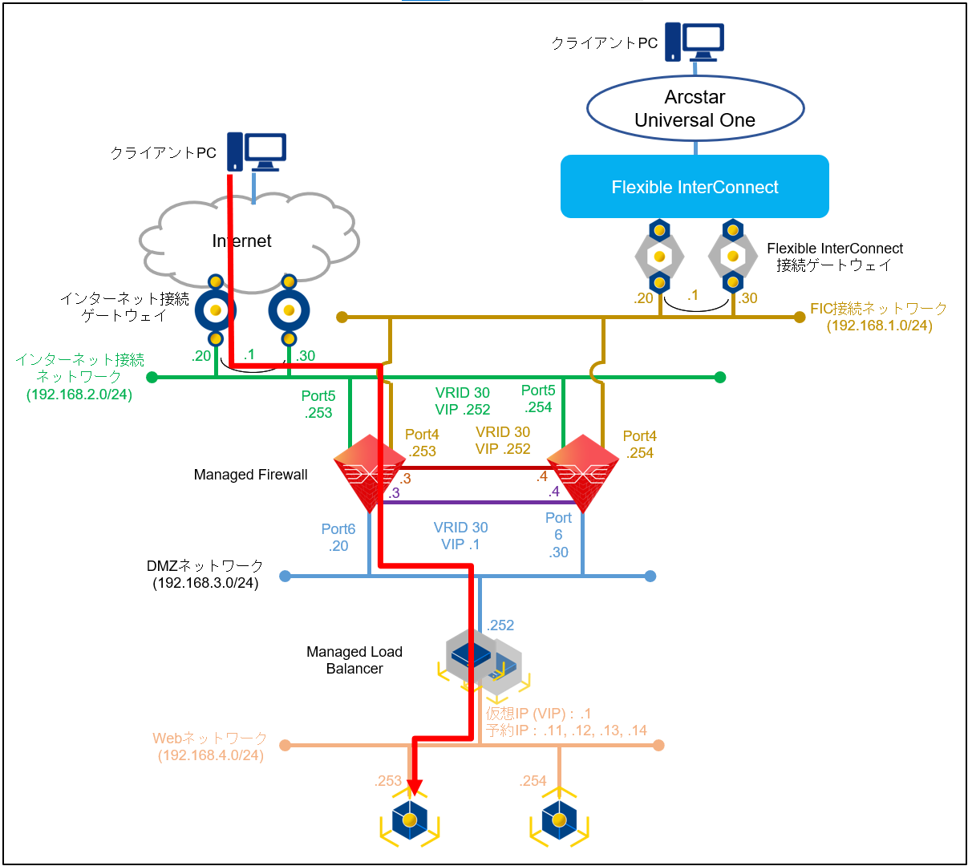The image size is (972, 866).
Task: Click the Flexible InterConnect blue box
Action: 695,187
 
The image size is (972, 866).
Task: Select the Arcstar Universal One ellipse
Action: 695,109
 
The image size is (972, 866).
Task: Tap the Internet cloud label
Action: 242,241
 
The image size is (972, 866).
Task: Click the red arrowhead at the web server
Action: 414,786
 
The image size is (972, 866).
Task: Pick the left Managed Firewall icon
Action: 369,473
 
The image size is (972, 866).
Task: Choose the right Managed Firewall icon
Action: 583,473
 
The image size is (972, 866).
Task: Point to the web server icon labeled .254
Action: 559,820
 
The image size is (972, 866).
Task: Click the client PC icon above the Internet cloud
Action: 256,152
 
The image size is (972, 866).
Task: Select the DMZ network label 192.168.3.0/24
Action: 205,583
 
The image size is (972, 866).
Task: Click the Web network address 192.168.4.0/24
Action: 211,755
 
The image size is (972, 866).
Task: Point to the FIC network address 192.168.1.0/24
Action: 880,326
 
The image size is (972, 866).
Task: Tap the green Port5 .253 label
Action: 318,404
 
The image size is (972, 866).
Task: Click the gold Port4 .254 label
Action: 640,444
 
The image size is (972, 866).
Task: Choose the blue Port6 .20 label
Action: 338,537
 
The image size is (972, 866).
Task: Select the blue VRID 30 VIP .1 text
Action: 460,536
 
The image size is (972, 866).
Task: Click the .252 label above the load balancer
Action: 500,625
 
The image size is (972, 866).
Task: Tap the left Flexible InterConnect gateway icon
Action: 659,257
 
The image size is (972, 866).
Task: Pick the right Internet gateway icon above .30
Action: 290,310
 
